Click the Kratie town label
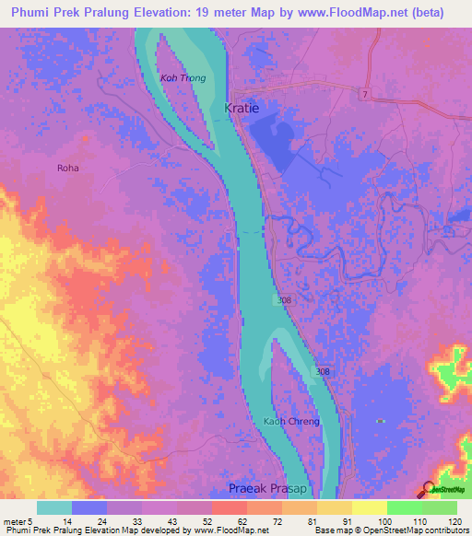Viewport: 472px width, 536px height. (242, 108)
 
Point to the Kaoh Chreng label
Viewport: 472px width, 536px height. (291, 422)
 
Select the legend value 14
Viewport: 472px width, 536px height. (55, 520)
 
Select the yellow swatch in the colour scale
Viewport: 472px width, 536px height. (369, 507)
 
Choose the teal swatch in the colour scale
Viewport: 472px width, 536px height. (54, 507)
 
